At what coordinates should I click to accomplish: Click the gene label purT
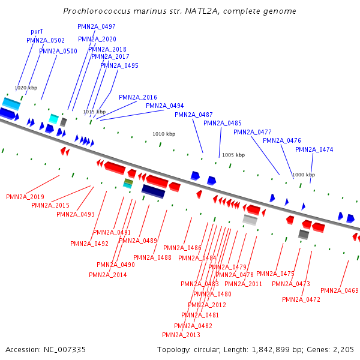click(x=37, y=31)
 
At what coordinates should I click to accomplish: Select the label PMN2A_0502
click(x=46, y=40)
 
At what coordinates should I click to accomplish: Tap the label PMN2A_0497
click(x=97, y=26)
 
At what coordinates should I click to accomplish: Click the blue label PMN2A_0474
click(x=314, y=149)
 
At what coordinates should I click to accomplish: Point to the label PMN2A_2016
click(x=138, y=97)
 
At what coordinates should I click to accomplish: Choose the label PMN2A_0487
click(x=194, y=115)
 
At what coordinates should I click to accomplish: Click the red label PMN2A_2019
click(x=25, y=197)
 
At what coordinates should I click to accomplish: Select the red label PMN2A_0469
click(x=340, y=290)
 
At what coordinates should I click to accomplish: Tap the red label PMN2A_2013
click(x=181, y=335)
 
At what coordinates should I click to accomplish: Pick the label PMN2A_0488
click(x=152, y=257)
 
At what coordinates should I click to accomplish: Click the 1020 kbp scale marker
click(x=26, y=88)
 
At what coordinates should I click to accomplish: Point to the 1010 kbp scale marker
click(x=164, y=134)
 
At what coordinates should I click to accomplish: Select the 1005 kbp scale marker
click(x=233, y=155)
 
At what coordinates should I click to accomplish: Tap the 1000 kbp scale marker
click(x=303, y=175)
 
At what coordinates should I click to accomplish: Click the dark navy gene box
click(x=153, y=191)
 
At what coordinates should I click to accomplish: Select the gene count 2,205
click(x=343, y=349)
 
